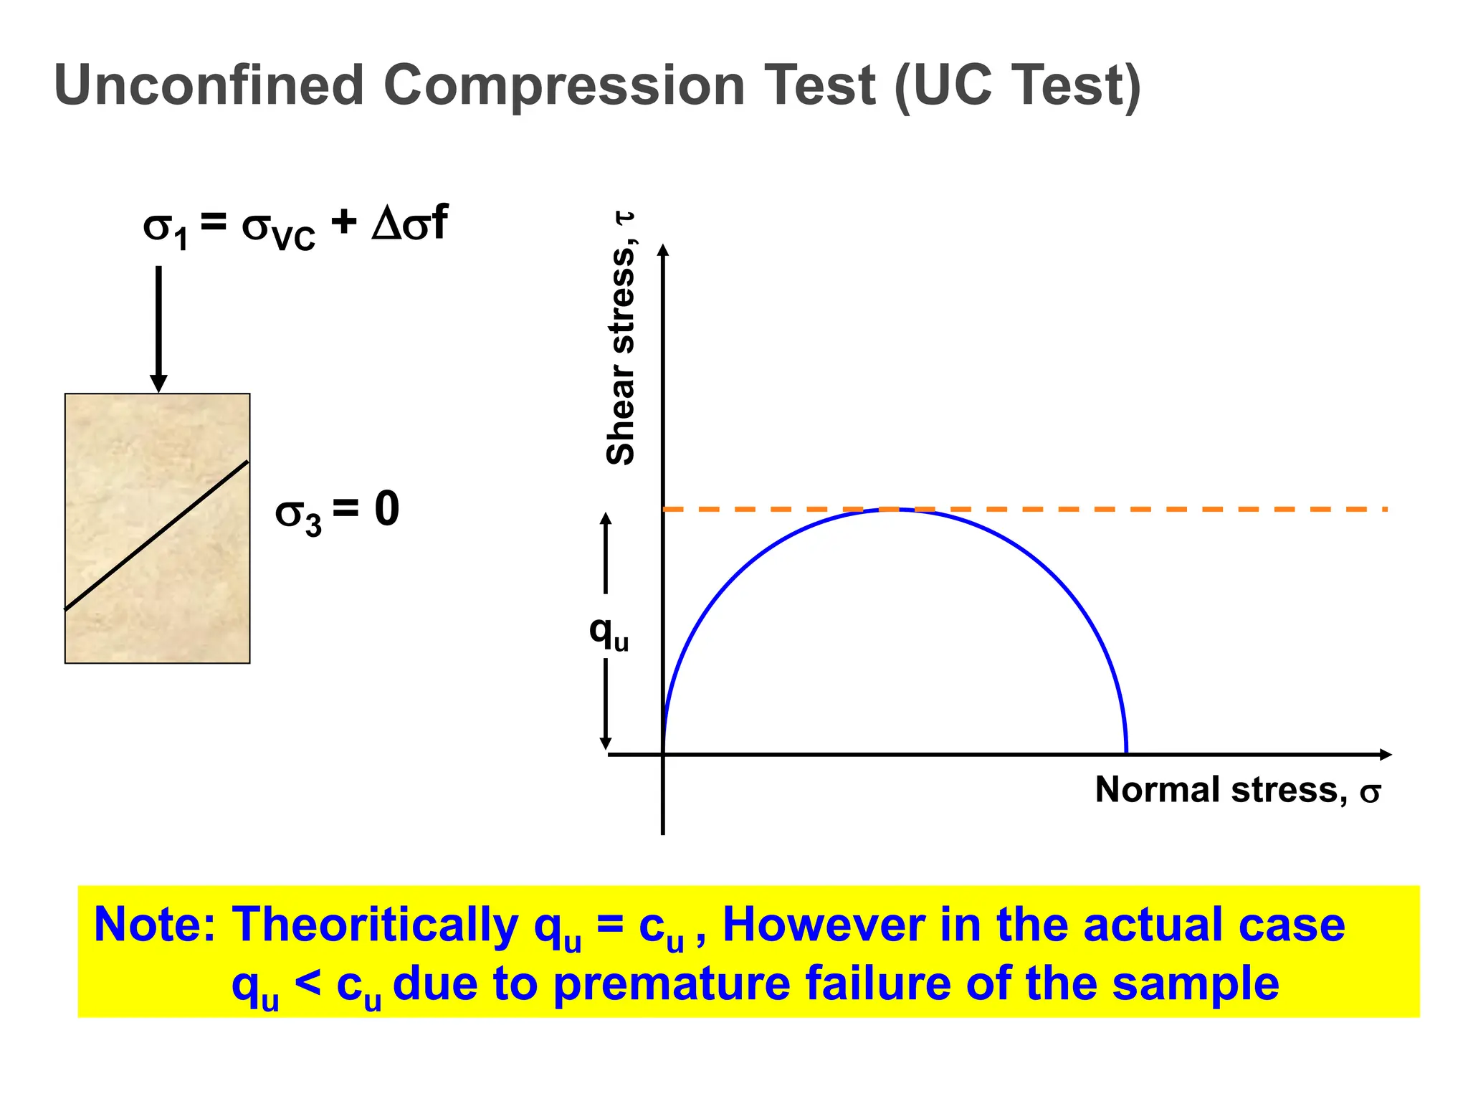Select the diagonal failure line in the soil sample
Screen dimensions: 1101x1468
click(157, 535)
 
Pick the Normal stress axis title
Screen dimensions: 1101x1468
click(1237, 791)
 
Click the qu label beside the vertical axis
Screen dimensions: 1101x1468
click(608, 632)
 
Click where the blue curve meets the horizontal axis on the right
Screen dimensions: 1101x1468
click(1126, 753)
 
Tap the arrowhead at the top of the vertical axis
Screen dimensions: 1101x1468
click(663, 249)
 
